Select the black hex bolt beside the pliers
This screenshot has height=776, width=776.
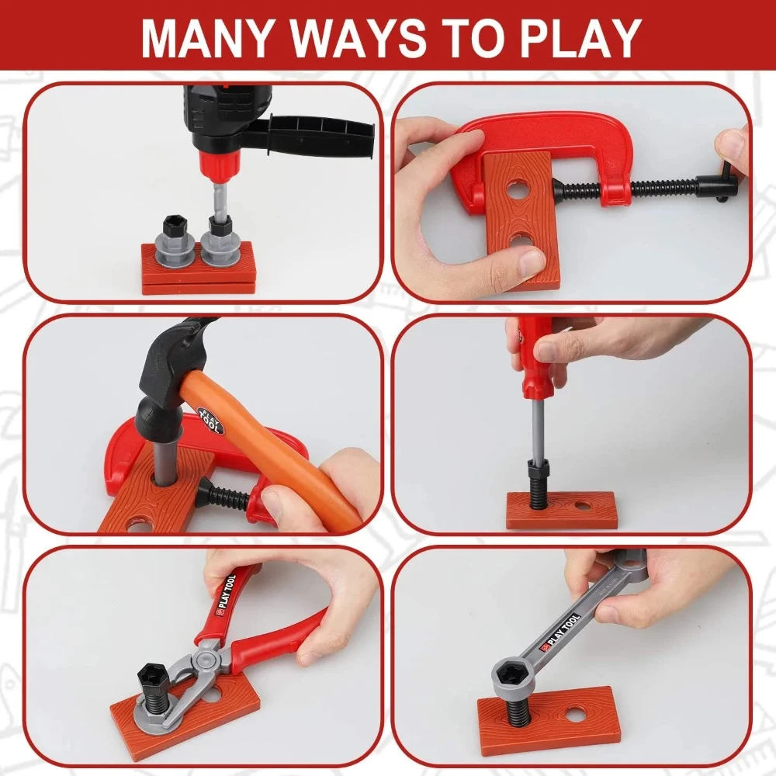point(154,686)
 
